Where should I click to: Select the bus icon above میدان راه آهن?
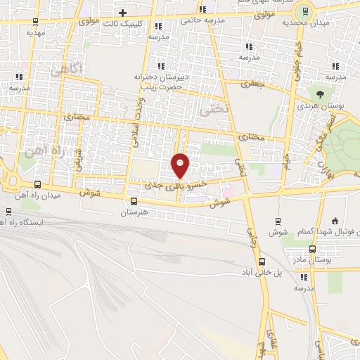pyautogui.click(x=37, y=184)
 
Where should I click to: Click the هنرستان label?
pyautogui.click(x=134, y=212)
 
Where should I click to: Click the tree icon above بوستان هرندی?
pyautogui.click(x=320, y=92)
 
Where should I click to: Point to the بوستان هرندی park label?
pyautogui.click(x=324, y=104)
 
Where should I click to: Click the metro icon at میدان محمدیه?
pyautogui.click(x=305, y=10)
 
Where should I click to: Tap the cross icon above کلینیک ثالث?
pyautogui.click(x=122, y=13)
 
